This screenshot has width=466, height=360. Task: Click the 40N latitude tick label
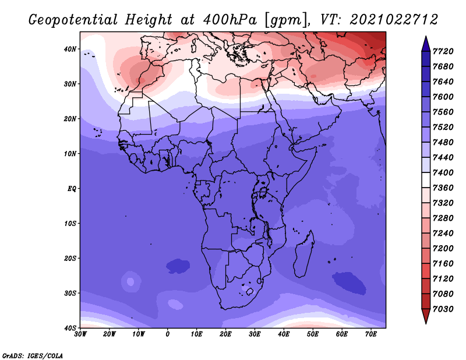tap(70, 49)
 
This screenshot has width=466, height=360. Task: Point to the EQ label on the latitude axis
tap(72, 189)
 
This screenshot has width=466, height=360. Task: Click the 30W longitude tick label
tap(80, 334)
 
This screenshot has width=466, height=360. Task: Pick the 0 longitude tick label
tap(168, 334)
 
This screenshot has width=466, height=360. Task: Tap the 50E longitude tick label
tap(313, 334)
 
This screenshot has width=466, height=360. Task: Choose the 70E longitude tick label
tap(371, 334)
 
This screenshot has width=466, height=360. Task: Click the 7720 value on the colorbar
tap(443, 51)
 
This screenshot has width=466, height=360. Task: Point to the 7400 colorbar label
tap(443, 172)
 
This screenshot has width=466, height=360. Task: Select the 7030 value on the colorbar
tap(443, 309)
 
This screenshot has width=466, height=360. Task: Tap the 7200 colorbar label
tap(443, 249)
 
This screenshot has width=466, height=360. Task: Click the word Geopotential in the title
tap(73, 20)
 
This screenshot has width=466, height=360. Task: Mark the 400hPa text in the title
tap(230, 20)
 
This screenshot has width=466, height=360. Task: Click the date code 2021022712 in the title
tap(394, 20)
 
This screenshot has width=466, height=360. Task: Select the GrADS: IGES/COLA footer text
tap(33, 355)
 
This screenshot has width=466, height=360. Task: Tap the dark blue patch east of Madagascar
tap(349, 283)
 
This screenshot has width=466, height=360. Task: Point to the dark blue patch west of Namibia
tap(178, 266)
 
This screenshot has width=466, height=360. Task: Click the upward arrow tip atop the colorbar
tap(426, 36)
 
